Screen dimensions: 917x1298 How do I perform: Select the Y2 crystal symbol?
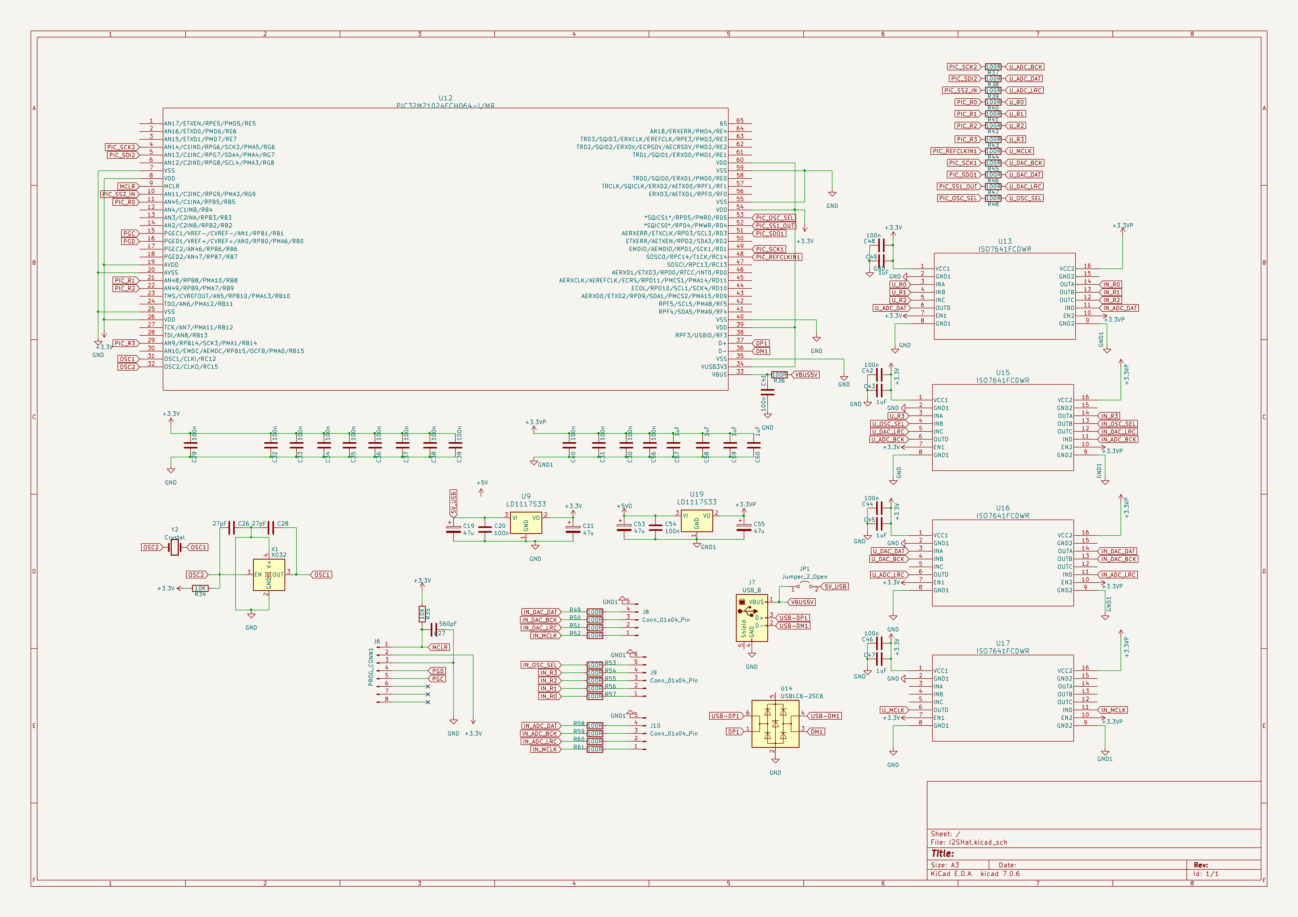(174, 547)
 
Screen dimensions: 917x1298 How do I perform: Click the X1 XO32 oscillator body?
(269, 575)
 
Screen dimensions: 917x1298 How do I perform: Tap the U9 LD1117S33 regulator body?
(526, 523)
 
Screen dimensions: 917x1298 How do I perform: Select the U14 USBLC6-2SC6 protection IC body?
(775, 724)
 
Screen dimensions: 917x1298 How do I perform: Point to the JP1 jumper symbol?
(804, 588)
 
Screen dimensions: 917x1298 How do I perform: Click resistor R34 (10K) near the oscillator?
(200, 588)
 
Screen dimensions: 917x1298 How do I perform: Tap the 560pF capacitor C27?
(434, 630)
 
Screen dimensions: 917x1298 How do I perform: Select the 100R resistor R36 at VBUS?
(779, 375)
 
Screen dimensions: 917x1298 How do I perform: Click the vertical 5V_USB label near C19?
(454, 503)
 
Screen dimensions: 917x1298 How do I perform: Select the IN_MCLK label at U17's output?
(1113, 710)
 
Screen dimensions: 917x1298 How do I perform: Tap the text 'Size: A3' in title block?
(945, 865)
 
